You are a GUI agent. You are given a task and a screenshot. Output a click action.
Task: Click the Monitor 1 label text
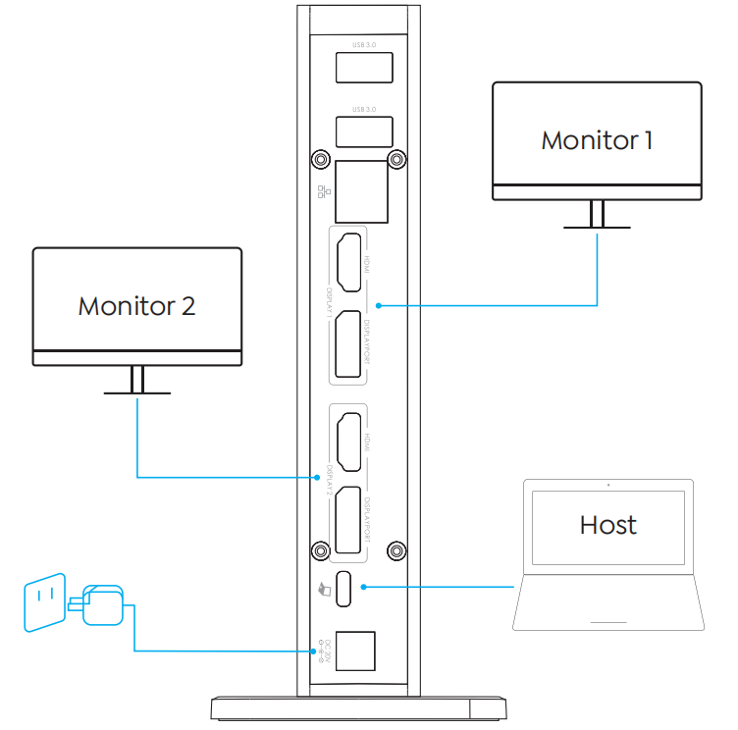[x=597, y=139]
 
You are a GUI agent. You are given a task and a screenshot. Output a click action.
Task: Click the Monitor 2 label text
[x=136, y=305]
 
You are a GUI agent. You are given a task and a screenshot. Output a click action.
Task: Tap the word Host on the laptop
[x=607, y=525]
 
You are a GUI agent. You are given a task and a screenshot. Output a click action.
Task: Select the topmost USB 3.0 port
[x=364, y=68]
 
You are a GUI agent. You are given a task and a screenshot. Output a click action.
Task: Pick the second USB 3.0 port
[x=364, y=131]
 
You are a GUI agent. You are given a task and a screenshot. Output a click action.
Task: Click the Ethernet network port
[x=360, y=191]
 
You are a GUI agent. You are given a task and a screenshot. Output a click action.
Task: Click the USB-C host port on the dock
[x=346, y=588]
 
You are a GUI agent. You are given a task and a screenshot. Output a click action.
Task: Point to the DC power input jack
[x=355, y=649]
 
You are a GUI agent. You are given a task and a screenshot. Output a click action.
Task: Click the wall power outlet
[x=44, y=601]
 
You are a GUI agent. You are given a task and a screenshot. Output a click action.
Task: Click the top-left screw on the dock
[x=320, y=159]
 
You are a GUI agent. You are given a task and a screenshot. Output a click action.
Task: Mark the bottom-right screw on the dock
[x=395, y=549]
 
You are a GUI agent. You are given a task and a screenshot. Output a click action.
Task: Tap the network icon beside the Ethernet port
[x=323, y=190]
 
